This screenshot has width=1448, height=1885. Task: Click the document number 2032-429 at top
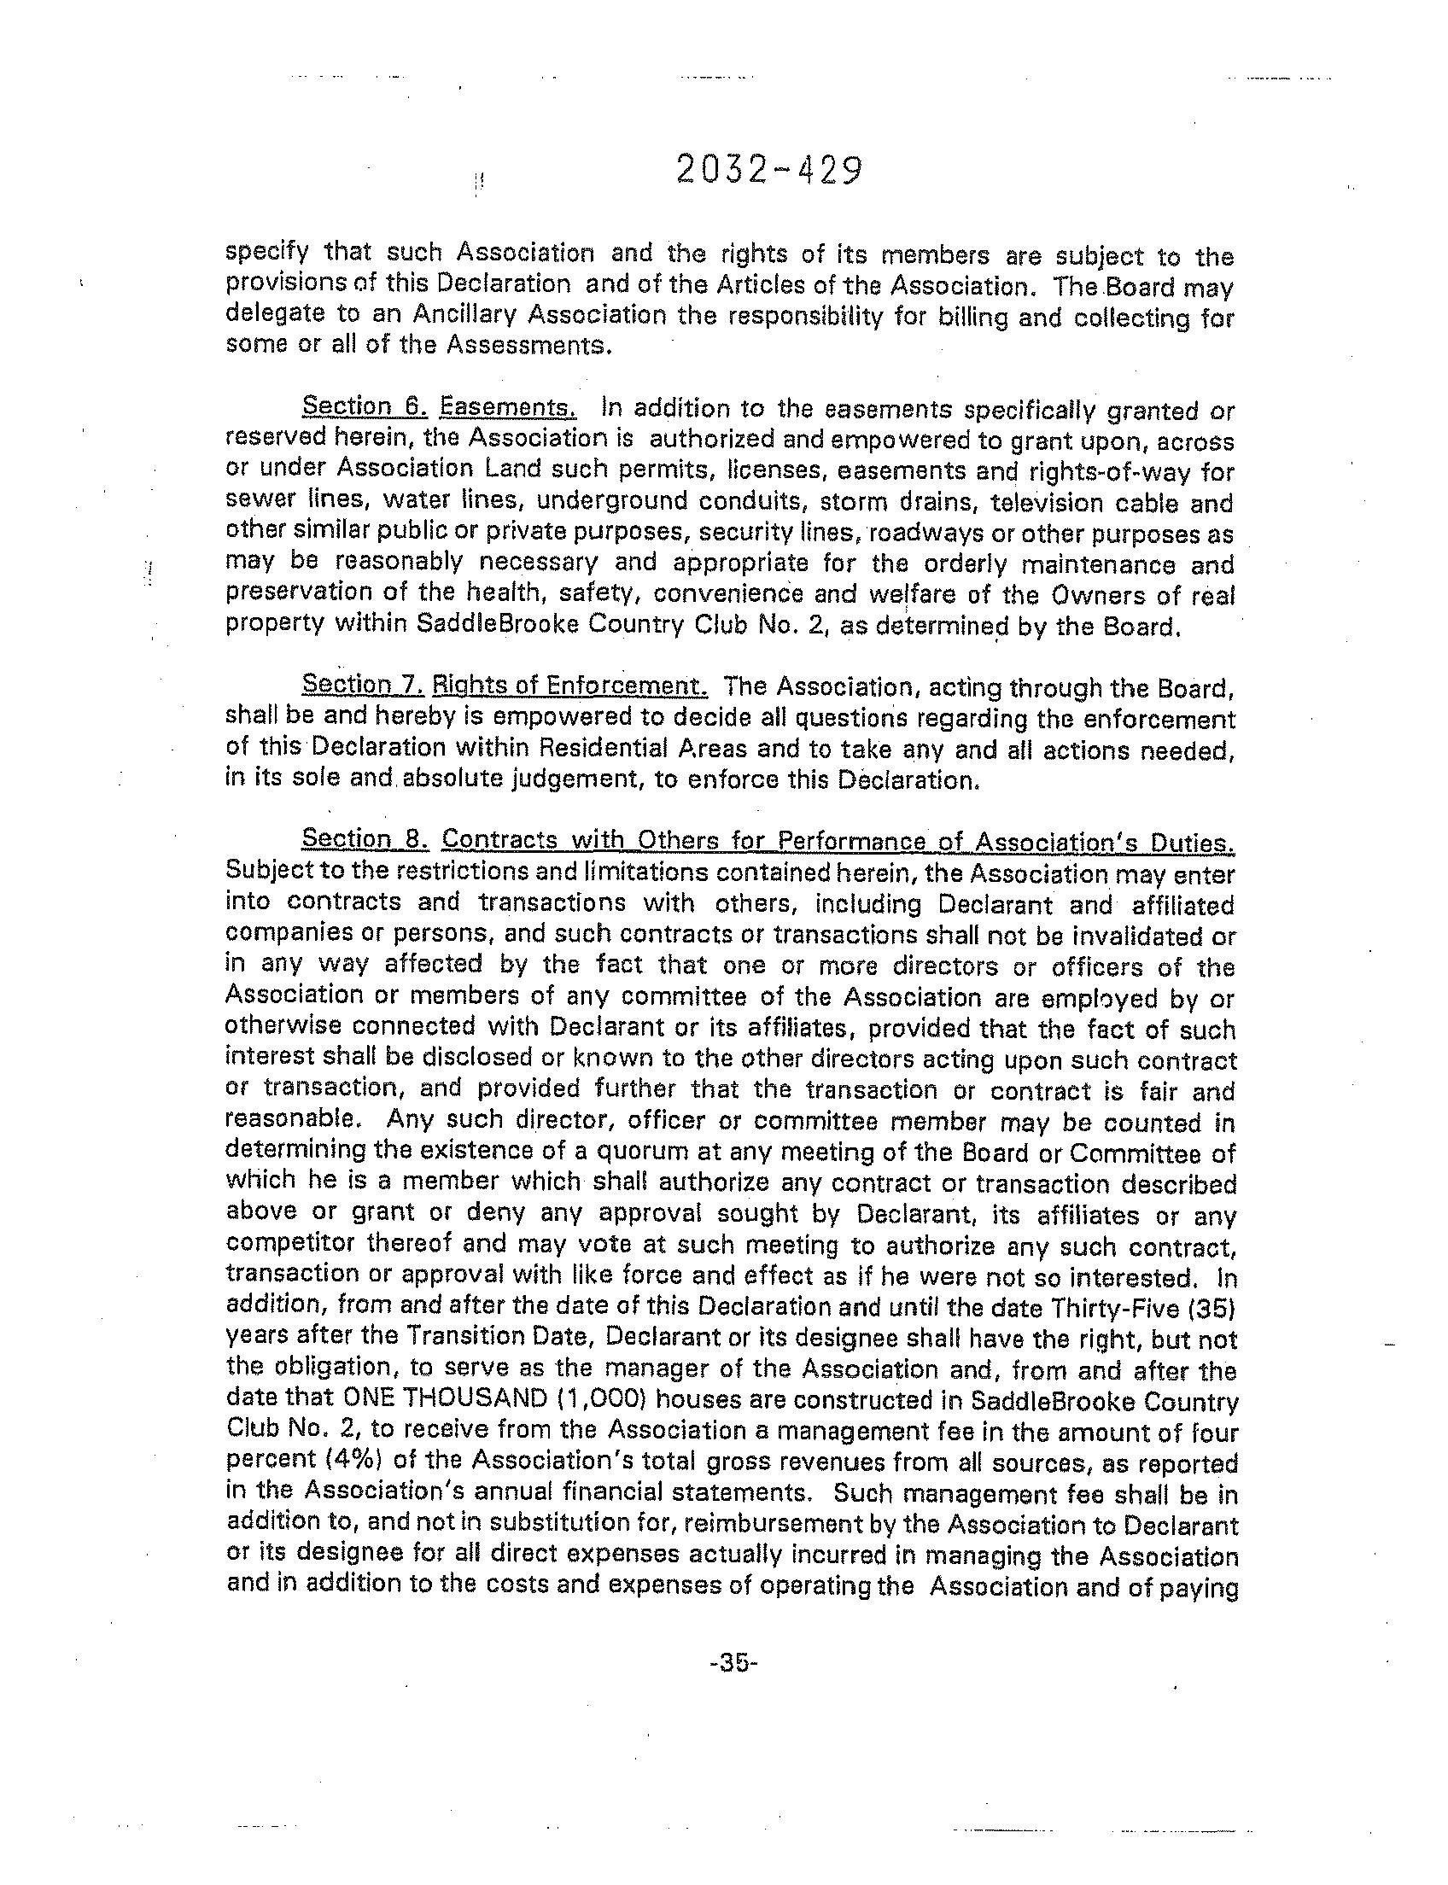point(768,170)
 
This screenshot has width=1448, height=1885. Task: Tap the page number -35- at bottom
point(732,1662)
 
